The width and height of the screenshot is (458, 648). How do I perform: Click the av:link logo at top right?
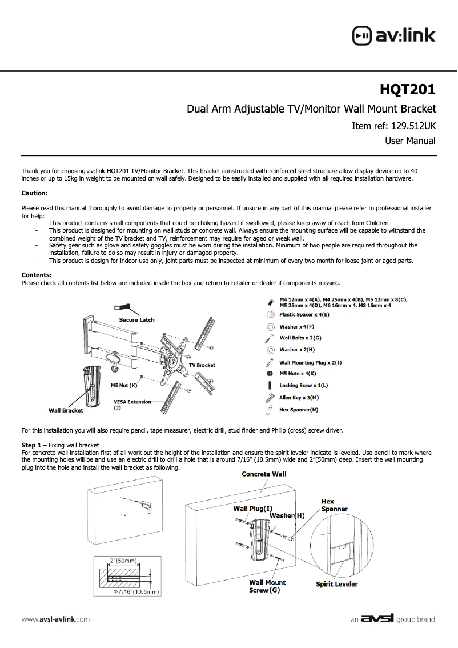394,35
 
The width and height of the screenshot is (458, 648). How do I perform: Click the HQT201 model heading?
408,90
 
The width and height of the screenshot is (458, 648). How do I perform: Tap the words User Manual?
410,141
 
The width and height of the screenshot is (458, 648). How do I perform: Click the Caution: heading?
34,193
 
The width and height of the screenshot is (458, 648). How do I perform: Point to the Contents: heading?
37,275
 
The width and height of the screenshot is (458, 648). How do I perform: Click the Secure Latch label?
136,319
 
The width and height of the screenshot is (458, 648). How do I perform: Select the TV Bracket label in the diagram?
202,365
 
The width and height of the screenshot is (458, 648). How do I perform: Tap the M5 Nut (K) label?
124,385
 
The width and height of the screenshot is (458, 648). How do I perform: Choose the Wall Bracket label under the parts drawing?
66,410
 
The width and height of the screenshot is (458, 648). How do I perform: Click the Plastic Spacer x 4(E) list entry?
303,315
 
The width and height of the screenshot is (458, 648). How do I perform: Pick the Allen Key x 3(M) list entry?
299,397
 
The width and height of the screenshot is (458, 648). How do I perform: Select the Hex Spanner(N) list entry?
299,410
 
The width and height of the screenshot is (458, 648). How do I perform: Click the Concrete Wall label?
264,474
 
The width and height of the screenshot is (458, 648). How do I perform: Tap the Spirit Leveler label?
337,584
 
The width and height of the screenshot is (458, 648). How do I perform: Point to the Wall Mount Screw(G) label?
267,586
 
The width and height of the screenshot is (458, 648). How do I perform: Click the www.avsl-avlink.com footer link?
55,619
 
